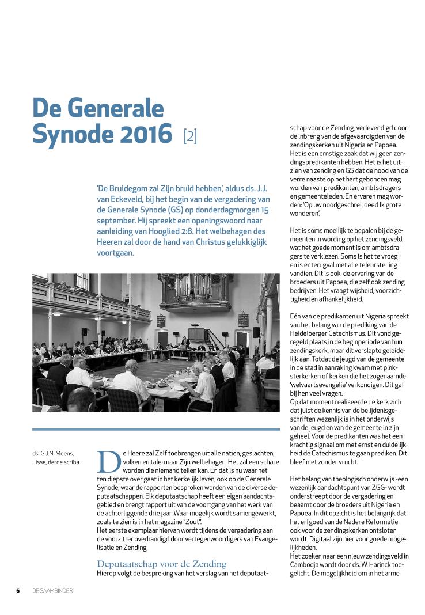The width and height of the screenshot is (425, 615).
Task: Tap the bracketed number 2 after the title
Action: click(190, 136)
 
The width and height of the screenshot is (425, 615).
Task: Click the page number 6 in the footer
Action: click(18, 590)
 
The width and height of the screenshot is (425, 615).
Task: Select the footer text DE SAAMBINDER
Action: click(52, 590)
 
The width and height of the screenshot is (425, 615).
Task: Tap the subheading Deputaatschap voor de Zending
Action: click(162, 563)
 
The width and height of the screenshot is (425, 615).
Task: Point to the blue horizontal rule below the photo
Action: click(155, 430)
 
